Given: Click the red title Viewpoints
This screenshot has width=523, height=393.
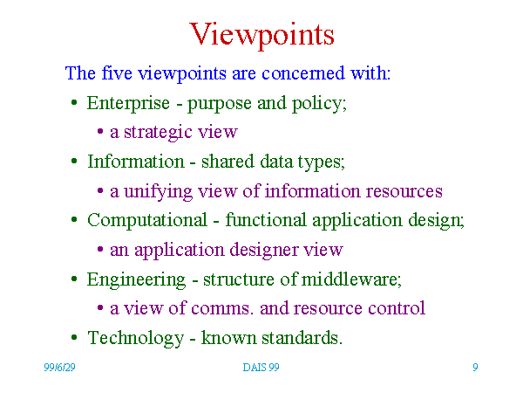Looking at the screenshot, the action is [x=261, y=35].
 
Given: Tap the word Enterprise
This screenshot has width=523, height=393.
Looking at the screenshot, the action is [x=128, y=104].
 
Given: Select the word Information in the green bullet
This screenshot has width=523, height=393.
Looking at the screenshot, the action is [x=136, y=162].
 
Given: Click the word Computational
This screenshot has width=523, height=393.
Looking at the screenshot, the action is [x=147, y=221].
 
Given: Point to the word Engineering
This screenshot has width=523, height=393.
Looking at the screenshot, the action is [x=136, y=280].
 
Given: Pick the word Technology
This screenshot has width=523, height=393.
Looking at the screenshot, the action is [x=135, y=338].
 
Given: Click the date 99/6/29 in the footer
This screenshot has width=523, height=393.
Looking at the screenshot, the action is [x=59, y=368].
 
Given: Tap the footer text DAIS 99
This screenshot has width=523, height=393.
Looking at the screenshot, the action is [x=261, y=368].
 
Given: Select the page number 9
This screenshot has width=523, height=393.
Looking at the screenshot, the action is [x=475, y=368].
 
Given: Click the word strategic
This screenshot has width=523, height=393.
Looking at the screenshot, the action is [x=158, y=133].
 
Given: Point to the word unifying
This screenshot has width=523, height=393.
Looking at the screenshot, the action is [x=158, y=192].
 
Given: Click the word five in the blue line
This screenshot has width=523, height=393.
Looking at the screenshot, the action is [x=117, y=72].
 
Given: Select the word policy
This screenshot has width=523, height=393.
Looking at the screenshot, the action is [x=317, y=104].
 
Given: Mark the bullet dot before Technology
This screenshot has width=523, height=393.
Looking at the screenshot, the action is [x=74, y=337].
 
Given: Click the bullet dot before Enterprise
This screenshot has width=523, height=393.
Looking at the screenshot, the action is [x=74, y=102].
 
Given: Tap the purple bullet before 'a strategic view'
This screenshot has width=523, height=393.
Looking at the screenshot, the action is [x=100, y=132].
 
